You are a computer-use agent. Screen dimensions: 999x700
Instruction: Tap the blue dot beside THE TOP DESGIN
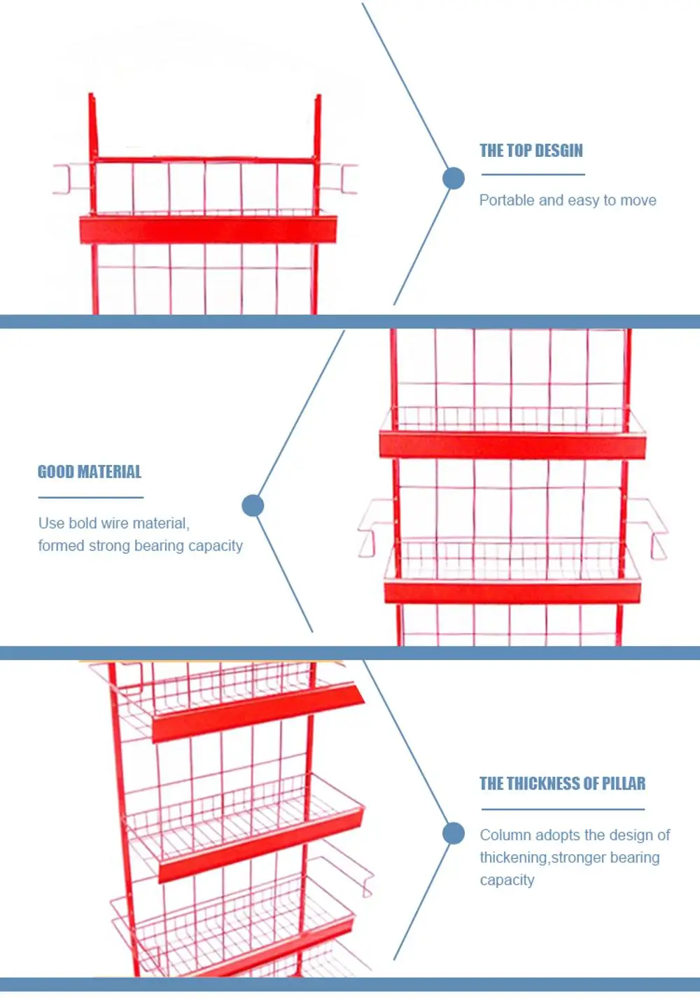click(x=454, y=179)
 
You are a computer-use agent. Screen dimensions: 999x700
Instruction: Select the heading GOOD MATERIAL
click(x=90, y=472)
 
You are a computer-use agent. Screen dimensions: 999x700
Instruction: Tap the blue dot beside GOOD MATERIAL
click(x=253, y=505)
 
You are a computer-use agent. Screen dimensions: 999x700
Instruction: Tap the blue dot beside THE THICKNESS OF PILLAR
click(x=454, y=833)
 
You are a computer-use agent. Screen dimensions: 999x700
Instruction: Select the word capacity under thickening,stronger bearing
click(x=507, y=880)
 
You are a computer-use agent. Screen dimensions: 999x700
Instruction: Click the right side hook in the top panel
click(x=340, y=179)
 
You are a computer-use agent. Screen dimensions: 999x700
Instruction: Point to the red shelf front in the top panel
click(x=208, y=230)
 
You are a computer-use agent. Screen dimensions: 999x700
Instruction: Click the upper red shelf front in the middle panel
click(x=512, y=445)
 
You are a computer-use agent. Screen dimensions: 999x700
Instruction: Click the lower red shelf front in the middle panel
click(x=512, y=592)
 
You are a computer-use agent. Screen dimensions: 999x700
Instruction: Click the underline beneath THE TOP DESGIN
click(x=532, y=174)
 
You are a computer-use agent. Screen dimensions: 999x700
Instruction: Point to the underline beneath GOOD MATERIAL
click(x=90, y=498)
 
